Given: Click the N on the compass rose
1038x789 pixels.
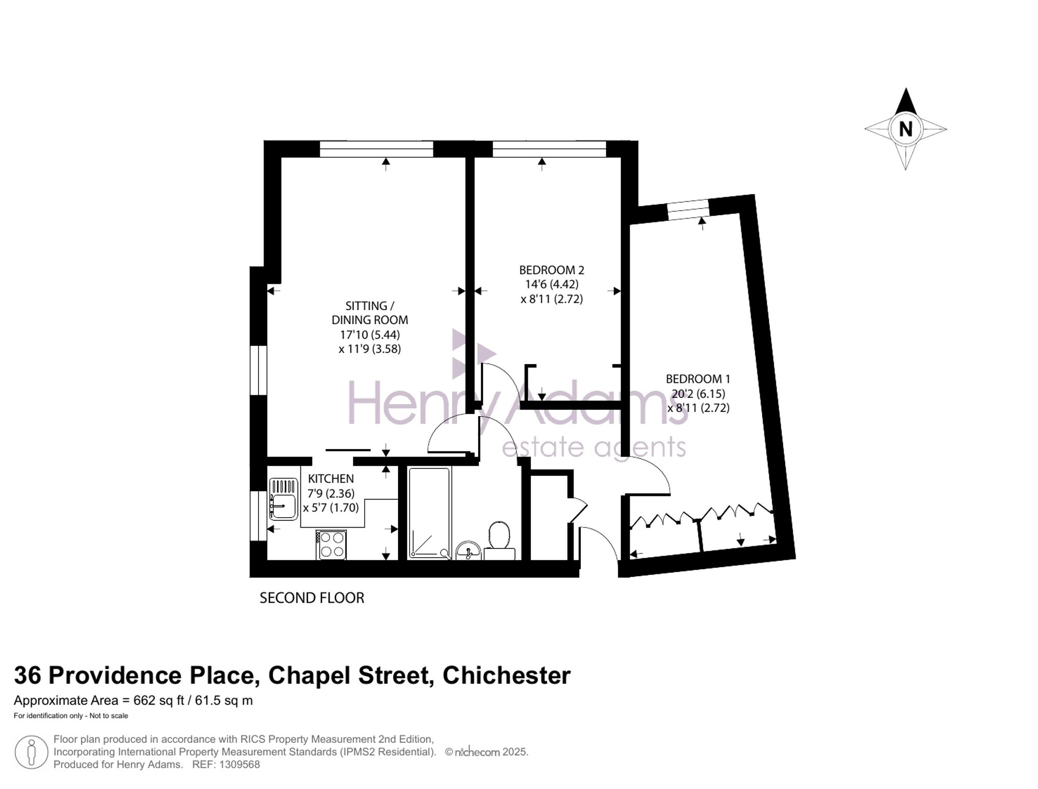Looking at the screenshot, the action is (906, 129).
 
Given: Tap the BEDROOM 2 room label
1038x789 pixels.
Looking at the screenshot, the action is (552, 270).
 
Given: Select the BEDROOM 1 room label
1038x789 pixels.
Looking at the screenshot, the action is (698, 379).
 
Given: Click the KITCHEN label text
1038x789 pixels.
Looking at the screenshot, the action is (331, 478).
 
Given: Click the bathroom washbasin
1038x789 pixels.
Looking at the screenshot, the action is (469, 550).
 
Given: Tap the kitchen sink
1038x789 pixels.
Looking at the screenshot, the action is (283, 499).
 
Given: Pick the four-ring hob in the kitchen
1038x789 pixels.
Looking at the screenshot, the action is (331, 544).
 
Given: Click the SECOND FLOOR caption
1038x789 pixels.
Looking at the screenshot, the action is (312, 598).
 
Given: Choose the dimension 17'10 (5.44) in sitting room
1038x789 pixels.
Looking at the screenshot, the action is (370, 335).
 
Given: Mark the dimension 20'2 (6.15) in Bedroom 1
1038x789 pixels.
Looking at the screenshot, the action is (699, 394).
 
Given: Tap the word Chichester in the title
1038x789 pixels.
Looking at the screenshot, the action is (507, 675).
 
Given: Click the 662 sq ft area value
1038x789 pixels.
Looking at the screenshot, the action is (159, 700).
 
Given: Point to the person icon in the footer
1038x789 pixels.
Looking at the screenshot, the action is (32, 752).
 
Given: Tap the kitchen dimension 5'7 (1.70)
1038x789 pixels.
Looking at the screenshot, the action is (331, 507).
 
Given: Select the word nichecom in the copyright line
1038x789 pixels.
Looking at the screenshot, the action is (477, 752).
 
